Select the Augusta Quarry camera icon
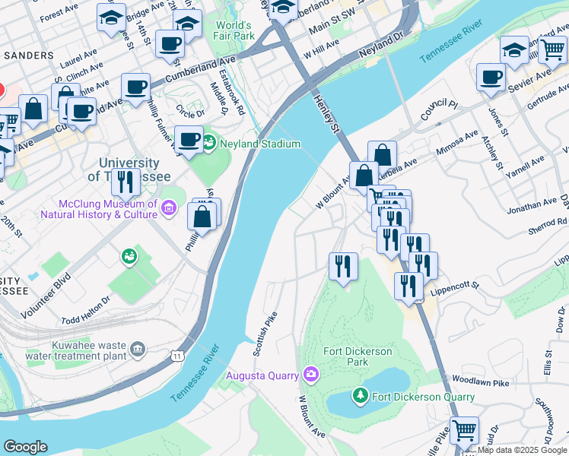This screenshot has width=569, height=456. [310, 374]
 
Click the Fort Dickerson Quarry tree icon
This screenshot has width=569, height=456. [361, 395]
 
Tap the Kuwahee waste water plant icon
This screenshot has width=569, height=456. [137, 349]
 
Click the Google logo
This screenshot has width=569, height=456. [25, 447]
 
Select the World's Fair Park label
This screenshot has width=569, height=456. [234, 30]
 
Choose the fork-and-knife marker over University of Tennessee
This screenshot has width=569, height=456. [126, 182]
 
